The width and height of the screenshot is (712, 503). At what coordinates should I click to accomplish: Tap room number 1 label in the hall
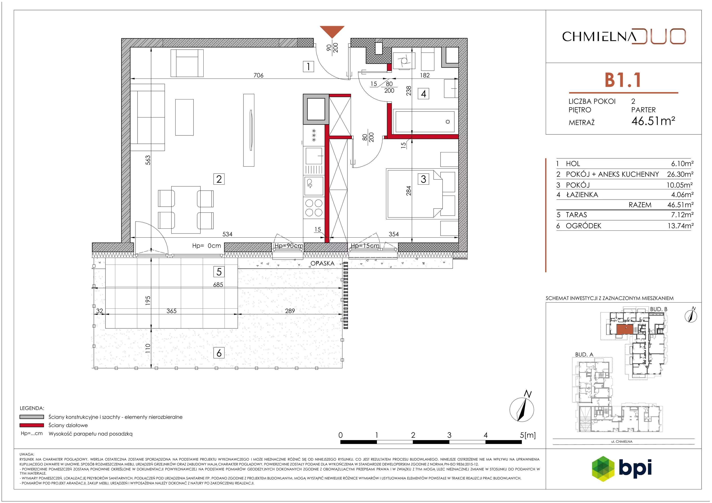(308, 66)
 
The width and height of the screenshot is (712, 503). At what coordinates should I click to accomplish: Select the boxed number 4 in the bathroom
(424, 94)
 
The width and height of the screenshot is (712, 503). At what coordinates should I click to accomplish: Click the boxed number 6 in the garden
(219, 353)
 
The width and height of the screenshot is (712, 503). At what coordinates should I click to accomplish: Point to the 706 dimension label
(258, 75)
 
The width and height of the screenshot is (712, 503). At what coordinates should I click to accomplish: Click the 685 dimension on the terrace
(218, 285)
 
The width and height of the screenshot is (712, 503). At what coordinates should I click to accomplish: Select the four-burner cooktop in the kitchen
(314, 208)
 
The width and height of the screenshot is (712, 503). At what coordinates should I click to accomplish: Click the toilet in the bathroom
(404, 61)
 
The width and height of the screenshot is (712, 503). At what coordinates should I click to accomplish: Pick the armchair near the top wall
(187, 63)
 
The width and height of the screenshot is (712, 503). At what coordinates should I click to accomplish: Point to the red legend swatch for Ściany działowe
(32, 425)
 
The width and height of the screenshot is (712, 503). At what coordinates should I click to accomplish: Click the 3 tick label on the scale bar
(449, 435)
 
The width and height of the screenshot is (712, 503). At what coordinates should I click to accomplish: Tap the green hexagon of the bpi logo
(603, 469)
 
